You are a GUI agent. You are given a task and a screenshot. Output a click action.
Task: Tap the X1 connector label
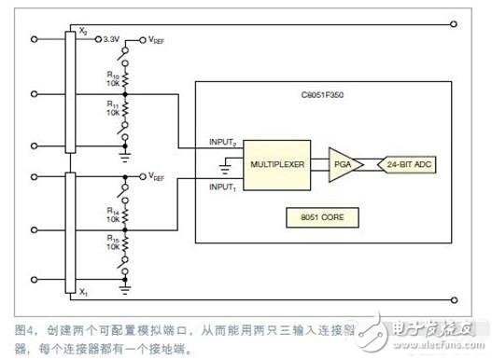[83, 292]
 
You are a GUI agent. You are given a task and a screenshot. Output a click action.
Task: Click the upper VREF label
[160, 41]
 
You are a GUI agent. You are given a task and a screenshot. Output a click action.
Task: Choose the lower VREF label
[160, 174]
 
